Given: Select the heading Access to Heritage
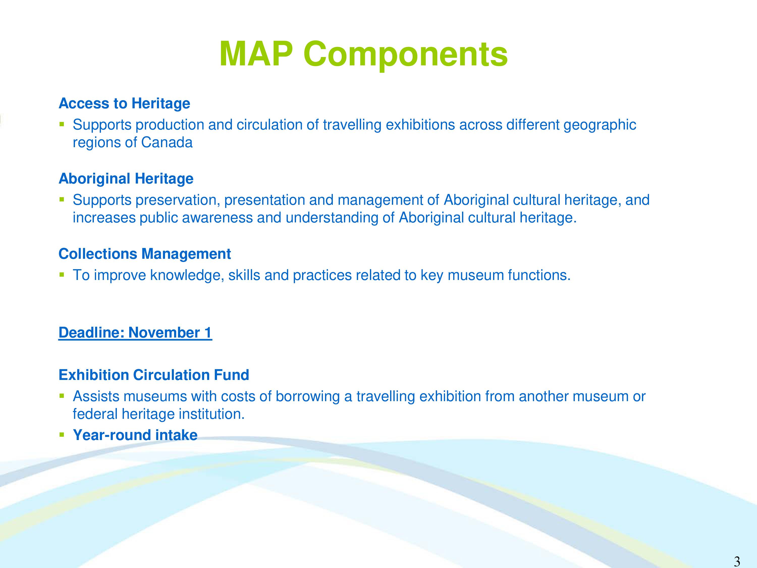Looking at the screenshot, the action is tap(124, 104).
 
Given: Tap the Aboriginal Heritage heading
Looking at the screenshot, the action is tap(126, 179).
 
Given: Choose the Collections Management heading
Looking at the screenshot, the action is tap(145, 254).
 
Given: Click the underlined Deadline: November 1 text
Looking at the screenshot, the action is tap(136, 333).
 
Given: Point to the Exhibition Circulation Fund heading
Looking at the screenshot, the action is tap(154, 375).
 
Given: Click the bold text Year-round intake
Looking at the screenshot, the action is tap(135, 435).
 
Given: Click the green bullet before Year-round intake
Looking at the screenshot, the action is tap(62, 435).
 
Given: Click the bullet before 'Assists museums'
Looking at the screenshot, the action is tap(62, 396).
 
